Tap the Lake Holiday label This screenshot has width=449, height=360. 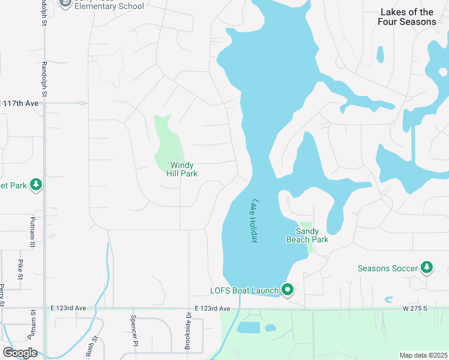(255, 221)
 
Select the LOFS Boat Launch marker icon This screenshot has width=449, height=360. (288, 290)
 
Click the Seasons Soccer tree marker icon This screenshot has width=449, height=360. (427, 267)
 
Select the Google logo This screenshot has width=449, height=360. (19, 353)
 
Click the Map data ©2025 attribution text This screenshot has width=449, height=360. (423, 355)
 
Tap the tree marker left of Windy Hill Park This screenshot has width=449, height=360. (36, 184)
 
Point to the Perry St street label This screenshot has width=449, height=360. (2, 294)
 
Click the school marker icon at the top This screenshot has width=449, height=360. (65, 3)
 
